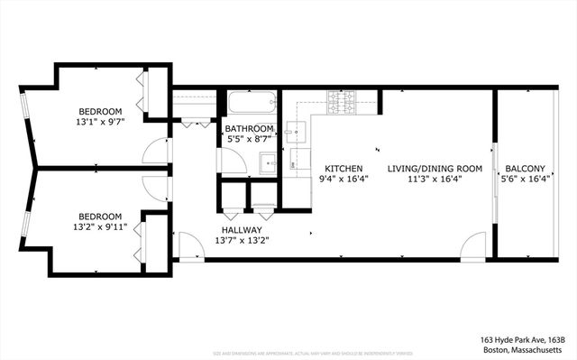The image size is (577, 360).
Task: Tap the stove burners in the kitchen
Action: coord(343,103)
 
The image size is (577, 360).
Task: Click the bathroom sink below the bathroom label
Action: coord(268,163)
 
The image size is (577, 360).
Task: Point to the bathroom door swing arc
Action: coord(233,161)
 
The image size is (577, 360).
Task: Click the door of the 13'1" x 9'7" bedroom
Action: coord(156,152)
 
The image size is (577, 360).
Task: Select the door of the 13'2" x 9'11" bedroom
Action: coord(156,187)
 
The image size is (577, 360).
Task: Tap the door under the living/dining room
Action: coord(473,246)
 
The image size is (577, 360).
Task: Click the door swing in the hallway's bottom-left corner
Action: coord(190,246)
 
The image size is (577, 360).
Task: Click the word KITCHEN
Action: coord(343,169)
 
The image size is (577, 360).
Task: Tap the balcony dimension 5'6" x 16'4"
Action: coord(524,180)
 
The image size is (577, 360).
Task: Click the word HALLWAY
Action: coord(242,230)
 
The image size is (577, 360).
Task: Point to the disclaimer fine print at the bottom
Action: coord(288,354)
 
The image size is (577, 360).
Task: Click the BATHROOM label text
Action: coord(249,129)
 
